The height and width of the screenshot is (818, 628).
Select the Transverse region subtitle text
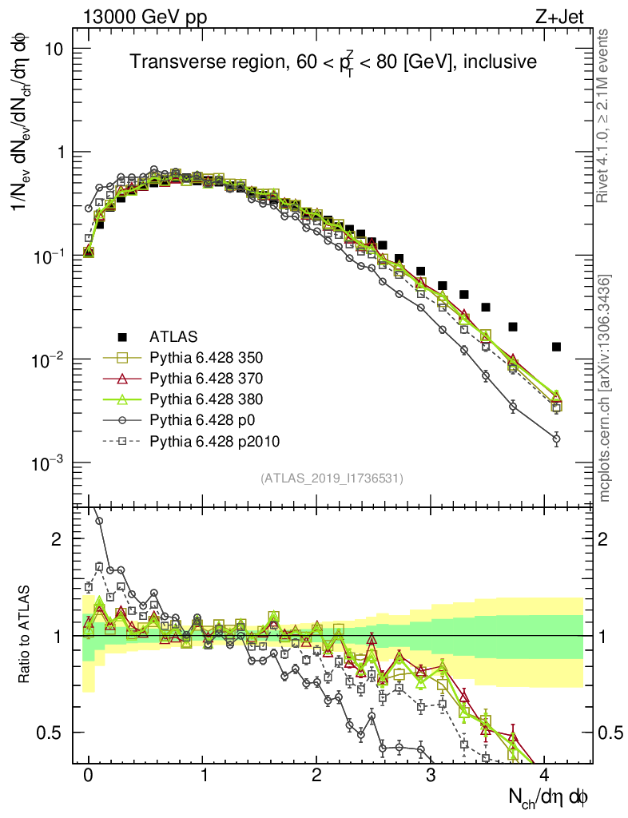click(332, 62)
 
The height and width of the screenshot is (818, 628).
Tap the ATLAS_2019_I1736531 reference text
click(332, 478)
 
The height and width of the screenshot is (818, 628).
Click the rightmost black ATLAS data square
click(557, 347)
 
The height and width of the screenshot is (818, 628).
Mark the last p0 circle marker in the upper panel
click(557, 439)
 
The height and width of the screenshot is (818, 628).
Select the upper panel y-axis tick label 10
click(53, 49)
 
